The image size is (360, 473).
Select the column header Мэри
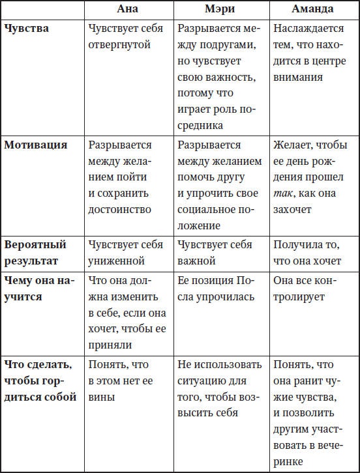click(x=220, y=10)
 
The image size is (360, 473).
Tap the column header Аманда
click(x=312, y=10)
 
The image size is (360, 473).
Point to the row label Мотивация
click(x=36, y=145)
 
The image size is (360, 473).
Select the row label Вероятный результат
click(x=35, y=253)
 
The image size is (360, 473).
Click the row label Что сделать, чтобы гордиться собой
click(x=40, y=380)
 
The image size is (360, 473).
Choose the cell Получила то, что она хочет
click(x=307, y=253)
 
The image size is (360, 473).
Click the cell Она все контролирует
click(x=310, y=289)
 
